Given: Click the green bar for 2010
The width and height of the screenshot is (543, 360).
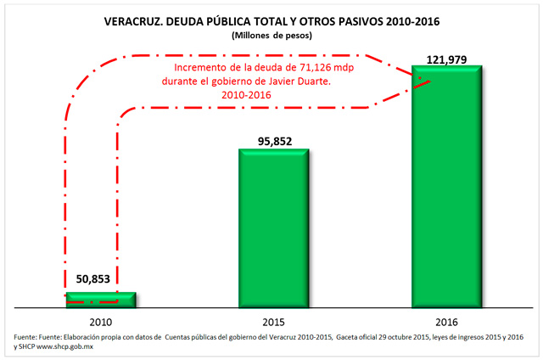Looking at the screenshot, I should point(101,298).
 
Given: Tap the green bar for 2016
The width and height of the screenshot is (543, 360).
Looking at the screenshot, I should point(447,186).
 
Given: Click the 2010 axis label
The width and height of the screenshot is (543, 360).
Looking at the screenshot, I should point(100,322).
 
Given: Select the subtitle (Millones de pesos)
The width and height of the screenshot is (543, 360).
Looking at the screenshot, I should point(271,36).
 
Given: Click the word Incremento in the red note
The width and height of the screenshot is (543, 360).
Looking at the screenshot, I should point(201,68).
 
